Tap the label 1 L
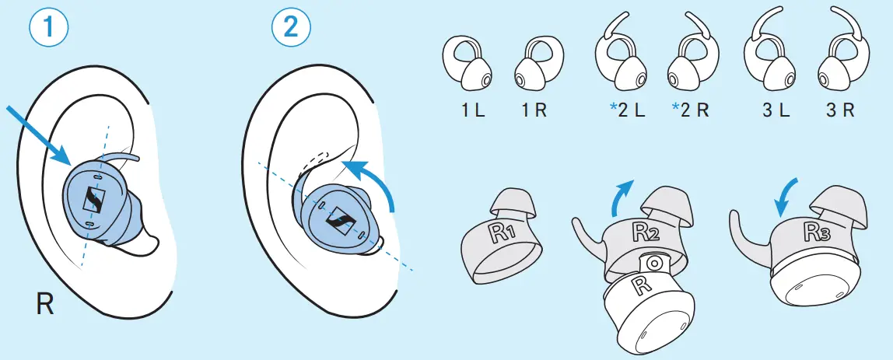[473, 110]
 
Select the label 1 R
[534, 110]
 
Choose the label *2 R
[691, 110]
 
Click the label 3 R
[840, 110]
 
